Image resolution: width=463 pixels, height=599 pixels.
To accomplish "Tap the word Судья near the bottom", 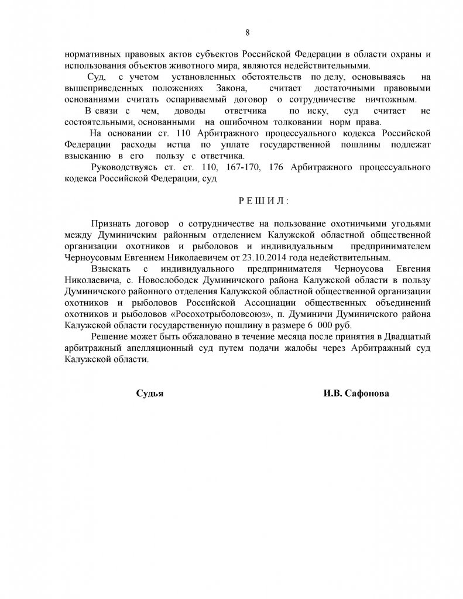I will pos(149,394).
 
